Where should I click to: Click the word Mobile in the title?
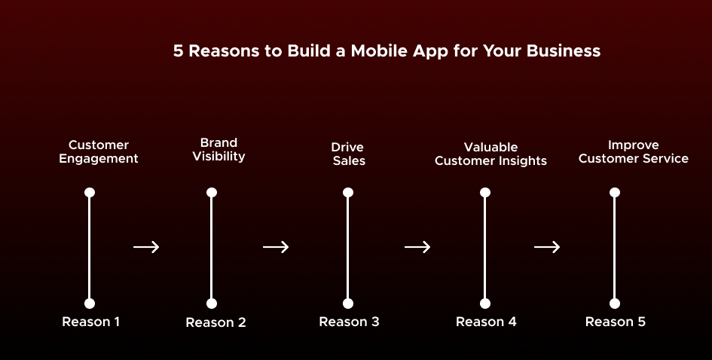click(x=379, y=51)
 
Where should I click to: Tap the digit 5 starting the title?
click(x=178, y=51)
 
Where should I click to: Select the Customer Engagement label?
click(x=99, y=151)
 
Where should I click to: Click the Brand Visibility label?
click(x=218, y=149)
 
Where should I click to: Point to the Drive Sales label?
click(x=348, y=154)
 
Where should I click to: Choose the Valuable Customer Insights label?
click(x=490, y=154)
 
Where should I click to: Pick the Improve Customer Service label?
click(x=634, y=151)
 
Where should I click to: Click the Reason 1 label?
click(x=91, y=322)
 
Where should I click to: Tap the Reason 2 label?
click(x=215, y=323)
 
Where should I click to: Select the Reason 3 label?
click(x=349, y=322)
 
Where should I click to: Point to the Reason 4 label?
click(x=486, y=322)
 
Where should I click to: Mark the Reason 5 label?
click(x=616, y=322)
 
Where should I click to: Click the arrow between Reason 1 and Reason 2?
click(x=146, y=247)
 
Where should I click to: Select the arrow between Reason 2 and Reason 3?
click(x=276, y=247)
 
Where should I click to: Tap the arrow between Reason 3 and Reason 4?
click(x=417, y=247)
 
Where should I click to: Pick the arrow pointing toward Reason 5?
click(x=547, y=247)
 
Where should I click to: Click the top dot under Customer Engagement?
click(x=90, y=193)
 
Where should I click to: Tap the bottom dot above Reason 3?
click(x=348, y=304)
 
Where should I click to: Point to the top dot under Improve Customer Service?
click(x=614, y=193)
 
